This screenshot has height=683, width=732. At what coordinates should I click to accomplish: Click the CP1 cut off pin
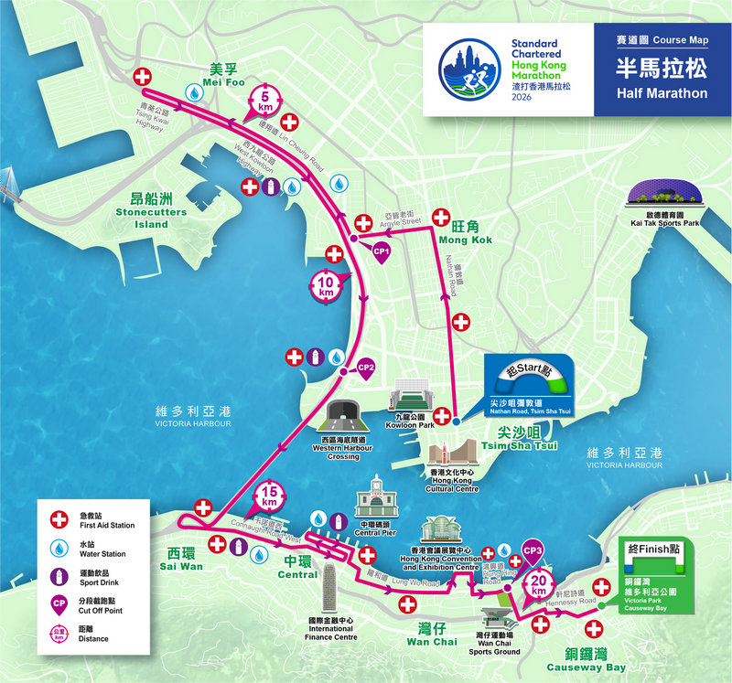pyautogui.click(x=382, y=251)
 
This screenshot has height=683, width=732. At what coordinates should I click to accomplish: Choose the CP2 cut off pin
pyautogui.click(x=366, y=368)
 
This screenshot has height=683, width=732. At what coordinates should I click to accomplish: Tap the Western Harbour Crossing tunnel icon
pyautogui.click(x=343, y=416)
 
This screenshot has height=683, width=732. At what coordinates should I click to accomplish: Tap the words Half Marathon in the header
pyautogui.click(x=662, y=93)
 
